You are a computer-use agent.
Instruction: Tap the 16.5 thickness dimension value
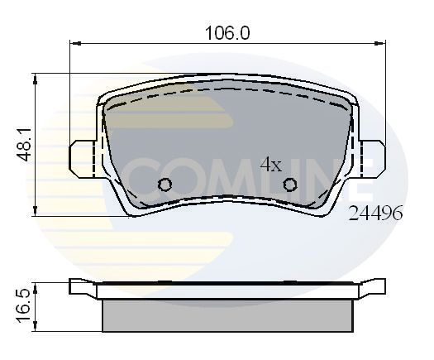25,305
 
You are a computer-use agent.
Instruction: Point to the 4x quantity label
271,164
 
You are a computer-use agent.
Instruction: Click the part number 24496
377,214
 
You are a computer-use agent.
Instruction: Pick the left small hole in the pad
165,185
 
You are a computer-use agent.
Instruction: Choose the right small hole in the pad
290,185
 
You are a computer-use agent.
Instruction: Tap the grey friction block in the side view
227,314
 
